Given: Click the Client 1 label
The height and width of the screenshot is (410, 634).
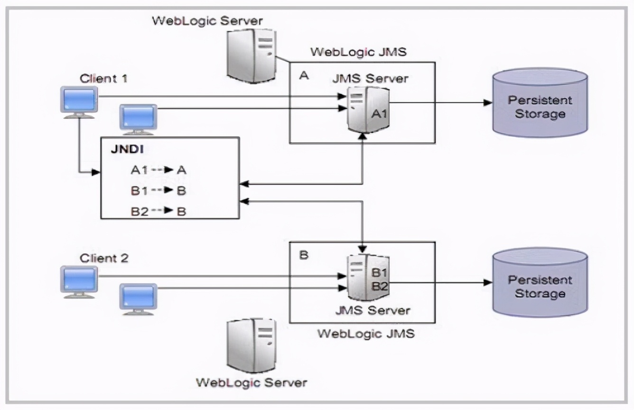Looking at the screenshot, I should click(103, 78).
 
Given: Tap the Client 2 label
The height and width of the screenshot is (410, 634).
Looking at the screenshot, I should click(104, 259).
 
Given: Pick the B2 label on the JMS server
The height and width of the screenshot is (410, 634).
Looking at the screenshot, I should click(380, 286).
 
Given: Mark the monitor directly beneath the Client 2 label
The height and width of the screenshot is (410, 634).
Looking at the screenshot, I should click(79, 281).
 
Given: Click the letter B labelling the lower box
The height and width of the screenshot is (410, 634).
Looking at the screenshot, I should click(304, 255).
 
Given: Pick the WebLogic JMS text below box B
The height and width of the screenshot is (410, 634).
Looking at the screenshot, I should click(365, 333).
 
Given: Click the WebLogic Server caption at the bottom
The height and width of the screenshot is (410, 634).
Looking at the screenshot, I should click(252, 382).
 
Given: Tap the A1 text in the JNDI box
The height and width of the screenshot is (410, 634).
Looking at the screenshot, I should click(140, 170).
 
